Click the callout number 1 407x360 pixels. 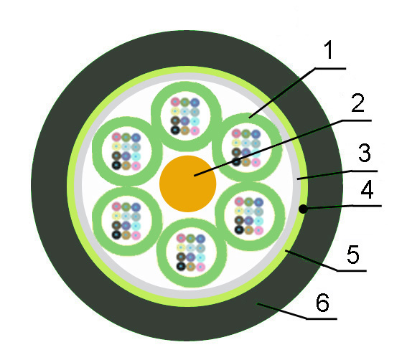(328, 49)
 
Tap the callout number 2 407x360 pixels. (357, 103)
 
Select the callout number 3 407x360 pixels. (365, 153)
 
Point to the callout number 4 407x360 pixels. (368, 190)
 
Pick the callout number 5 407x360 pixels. (353, 255)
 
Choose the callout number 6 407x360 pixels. (322, 302)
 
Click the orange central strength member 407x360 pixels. (187, 184)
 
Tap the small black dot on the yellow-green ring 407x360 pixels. (303, 209)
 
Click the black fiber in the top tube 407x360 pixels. (175, 130)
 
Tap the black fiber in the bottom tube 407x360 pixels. (181, 266)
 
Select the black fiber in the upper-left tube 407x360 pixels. (116, 165)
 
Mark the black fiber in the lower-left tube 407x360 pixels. (116, 235)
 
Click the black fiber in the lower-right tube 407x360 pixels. (239, 229)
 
